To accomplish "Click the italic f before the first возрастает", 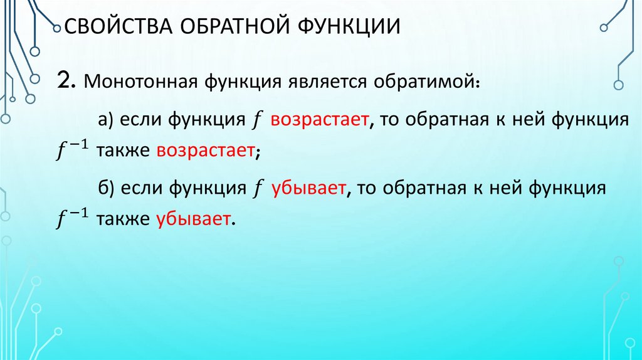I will (258, 119).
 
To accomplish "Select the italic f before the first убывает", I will (258, 188).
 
